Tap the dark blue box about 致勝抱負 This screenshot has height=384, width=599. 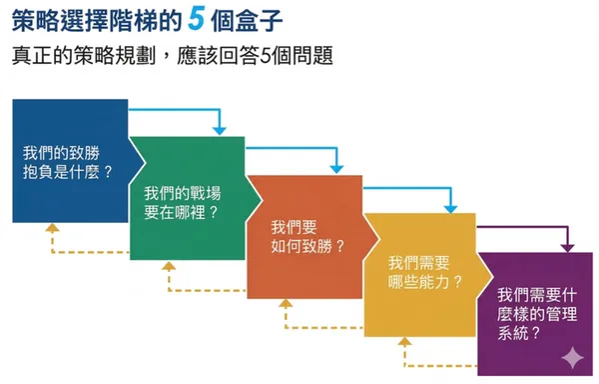tap(68, 160)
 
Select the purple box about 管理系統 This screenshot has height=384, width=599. tap(534, 310)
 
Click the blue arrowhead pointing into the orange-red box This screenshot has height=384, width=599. tap(336, 167)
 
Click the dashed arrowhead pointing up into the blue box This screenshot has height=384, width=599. tap(53, 229)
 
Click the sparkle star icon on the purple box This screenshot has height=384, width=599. tap(571, 356)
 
